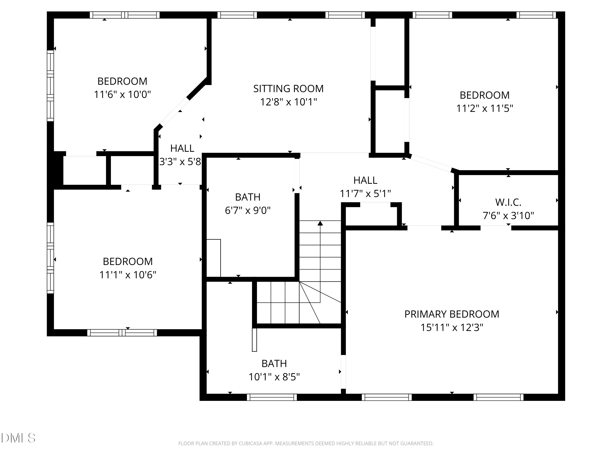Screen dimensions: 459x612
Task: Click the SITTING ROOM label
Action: pos(288,89)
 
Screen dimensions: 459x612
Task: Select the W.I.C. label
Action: pos(508,202)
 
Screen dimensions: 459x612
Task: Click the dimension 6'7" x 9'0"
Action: pos(248,211)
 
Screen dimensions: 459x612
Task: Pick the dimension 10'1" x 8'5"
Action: pos(274,377)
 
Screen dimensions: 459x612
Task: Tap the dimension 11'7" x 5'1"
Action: pos(365,194)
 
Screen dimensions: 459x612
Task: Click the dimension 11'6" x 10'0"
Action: pos(122,95)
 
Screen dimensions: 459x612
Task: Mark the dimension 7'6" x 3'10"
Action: pos(508,216)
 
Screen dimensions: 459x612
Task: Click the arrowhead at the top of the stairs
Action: pos(320,223)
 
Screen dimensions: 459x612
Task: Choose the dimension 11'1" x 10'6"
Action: pos(128,275)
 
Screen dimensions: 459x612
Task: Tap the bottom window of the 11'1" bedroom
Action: pos(122,333)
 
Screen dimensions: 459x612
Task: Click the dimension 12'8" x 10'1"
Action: pos(288,102)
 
